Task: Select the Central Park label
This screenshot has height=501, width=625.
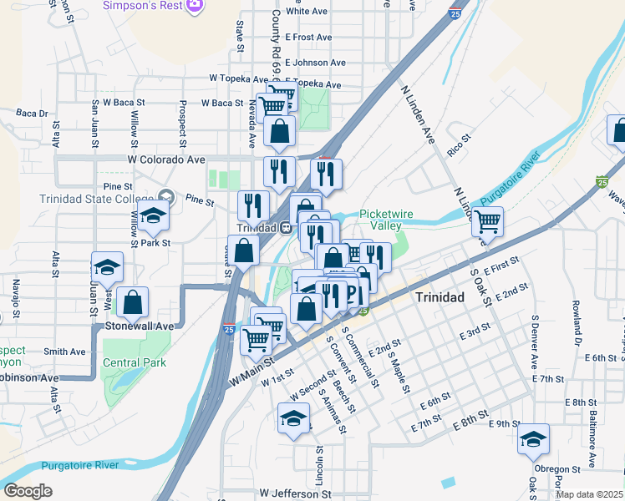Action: (135, 362)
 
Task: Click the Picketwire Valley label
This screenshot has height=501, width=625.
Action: (386, 220)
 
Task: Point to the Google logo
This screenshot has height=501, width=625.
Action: (28, 491)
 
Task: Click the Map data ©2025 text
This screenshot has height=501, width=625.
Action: (588, 494)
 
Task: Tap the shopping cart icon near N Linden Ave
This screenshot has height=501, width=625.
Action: (487, 222)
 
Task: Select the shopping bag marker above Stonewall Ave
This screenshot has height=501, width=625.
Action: (133, 301)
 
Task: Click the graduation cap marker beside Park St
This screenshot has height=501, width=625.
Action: (153, 216)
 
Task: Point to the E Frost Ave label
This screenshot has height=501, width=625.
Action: (308, 38)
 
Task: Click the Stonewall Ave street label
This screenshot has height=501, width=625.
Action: (139, 326)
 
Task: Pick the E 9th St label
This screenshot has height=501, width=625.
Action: (505, 424)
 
